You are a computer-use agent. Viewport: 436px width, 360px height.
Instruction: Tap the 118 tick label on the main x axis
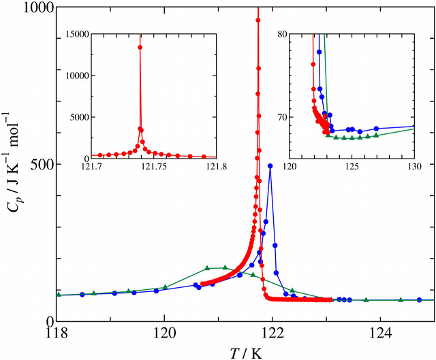click(57, 335)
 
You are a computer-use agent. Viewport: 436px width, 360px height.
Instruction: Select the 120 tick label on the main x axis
click(164, 335)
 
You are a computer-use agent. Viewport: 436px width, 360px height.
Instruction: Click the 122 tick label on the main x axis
click(272, 335)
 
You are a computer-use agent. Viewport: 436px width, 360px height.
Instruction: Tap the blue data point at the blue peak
click(270, 165)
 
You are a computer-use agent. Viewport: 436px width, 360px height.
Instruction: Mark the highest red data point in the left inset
click(140, 47)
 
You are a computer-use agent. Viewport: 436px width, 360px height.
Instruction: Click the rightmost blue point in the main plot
click(419, 300)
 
